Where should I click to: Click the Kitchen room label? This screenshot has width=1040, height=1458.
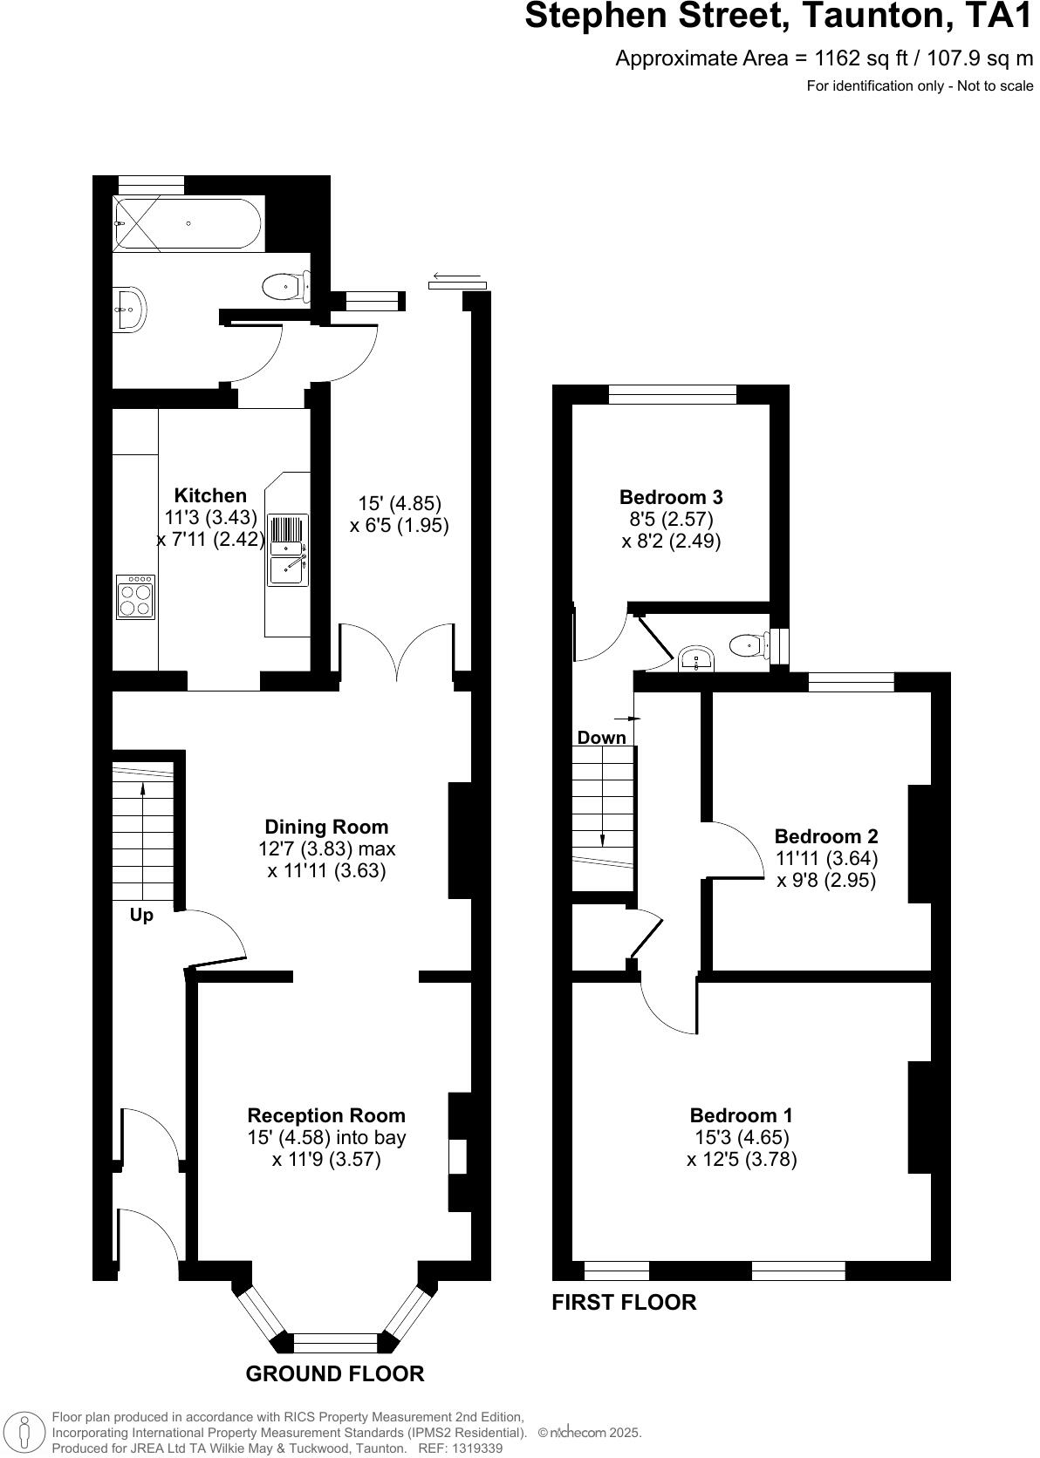click(x=210, y=495)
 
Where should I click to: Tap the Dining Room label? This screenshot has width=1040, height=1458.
click(x=326, y=827)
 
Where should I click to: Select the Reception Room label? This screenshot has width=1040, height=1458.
click(x=326, y=1115)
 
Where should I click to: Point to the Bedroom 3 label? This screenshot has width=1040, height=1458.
click(x=671, y=497)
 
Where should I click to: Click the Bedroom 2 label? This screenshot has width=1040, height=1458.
click(x=826, y=837)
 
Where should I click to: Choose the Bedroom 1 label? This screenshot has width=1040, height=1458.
click(x=741, y=1115)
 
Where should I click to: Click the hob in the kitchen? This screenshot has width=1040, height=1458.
click(x=135, y=597)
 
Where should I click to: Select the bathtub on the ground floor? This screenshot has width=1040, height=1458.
click(x=188, y=224)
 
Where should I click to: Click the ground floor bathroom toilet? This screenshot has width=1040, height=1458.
click(x=286, y=286)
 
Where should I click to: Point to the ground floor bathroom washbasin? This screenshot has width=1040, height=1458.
click(x=131, y=308)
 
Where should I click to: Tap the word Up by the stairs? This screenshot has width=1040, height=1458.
click(x=141, y=916)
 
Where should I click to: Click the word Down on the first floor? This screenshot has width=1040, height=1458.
click(x=601, y=738)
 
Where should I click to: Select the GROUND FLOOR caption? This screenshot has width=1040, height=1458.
click(x=335, y=1374)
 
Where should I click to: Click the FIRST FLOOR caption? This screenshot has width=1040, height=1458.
click(x=624, y=1303)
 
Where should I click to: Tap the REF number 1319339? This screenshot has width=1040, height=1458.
click(x=474, y=1448)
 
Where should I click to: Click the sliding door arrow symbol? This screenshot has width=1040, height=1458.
click(x=458, y=279)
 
